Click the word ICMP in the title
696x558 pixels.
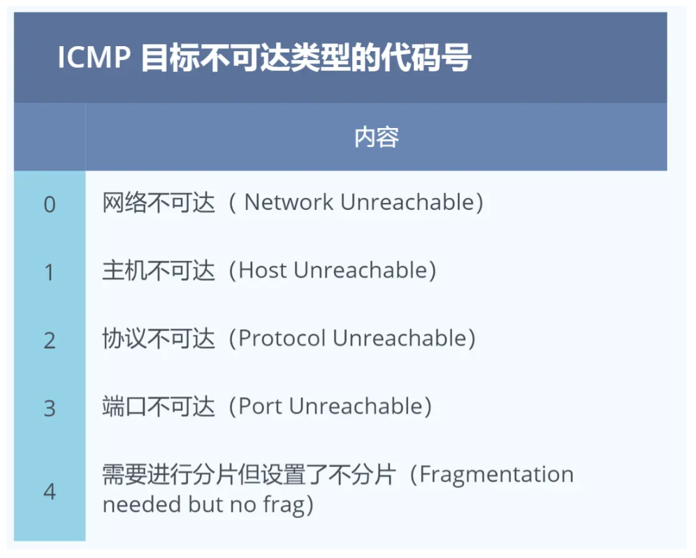[94, 57]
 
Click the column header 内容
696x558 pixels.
[377, 137]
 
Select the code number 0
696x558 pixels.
[50, 205]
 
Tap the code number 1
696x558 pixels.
[50, 272]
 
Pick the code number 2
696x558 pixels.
[50, 341]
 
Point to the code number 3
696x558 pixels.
[50, 409]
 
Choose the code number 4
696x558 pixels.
[50, 492]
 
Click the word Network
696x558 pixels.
[289, 202]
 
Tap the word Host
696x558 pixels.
[263, 270]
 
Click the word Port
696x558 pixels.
[261, 406]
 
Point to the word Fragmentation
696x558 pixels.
[497, 475]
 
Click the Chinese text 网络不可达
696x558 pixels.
[159, 203]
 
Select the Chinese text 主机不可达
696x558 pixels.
[159, 271]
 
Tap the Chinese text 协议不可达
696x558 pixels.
[159, 338]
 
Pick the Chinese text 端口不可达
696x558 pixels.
[159, 406]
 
